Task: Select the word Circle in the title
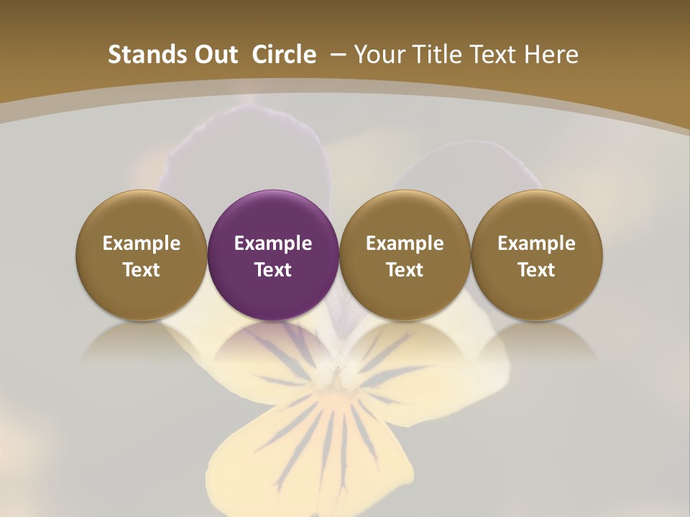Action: point(284,55)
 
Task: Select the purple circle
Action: point(273,255)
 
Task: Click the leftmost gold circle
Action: point(142,255)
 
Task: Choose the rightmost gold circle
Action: point(536,255)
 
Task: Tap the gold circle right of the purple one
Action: point(405,255)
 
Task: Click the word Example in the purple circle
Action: point(273,243)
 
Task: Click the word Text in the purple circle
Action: point(273,270)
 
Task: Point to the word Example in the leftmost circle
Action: point(142,243)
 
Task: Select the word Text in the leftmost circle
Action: point(142,270)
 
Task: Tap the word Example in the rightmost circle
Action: point(536,243)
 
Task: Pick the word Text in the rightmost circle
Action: point(536,270)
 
